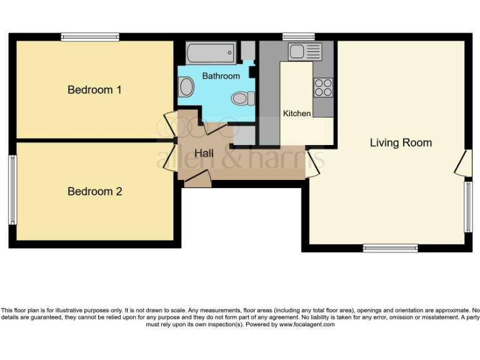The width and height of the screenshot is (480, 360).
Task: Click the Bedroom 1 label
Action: tap(94, 90)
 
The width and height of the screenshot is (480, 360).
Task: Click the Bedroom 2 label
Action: tap(94, 191)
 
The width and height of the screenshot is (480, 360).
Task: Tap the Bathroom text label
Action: tap(221, 76)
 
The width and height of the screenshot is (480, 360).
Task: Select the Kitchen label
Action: tap(297, 113)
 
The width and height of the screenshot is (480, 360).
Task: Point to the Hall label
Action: tap(204, 153)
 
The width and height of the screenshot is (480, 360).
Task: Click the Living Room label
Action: tap(401, 142)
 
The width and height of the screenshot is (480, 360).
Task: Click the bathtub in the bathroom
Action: tap(211, 52)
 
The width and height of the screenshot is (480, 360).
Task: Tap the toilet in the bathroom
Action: tap(243, 98)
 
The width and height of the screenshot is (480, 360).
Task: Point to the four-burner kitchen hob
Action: tap(323, 87)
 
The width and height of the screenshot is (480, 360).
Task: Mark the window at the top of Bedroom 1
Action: tap(90, 37)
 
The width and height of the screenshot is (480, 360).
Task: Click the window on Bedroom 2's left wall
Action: tap(12, 189)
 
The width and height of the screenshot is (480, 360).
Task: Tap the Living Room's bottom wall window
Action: tap(390, 248)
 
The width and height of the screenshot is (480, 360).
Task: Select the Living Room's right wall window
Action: tap(467, 207)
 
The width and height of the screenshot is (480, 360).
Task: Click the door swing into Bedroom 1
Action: tap(169, 122)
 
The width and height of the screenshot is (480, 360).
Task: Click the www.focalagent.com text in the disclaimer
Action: tap(306, 324)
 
